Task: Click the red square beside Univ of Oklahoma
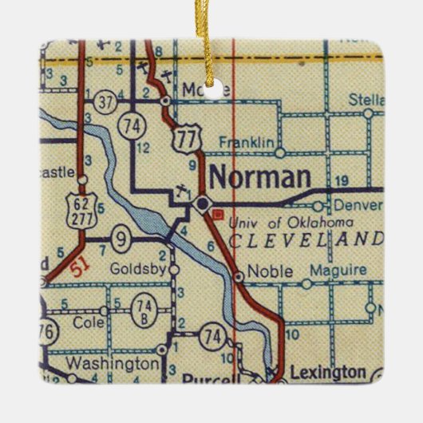[x=217, y=213]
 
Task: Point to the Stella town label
[x=367, y=99]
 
